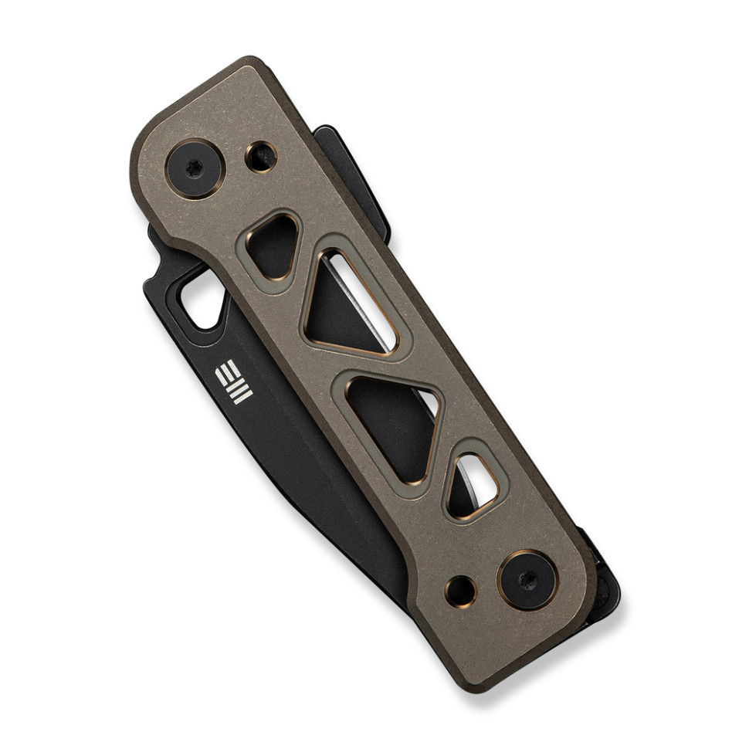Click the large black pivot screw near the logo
[x=195, y=168]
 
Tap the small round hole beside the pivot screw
[x=261, y=157]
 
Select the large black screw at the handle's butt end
[x=527, y=579]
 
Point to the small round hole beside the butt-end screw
[x=461, y=591]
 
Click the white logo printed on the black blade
[x=233, y=381]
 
